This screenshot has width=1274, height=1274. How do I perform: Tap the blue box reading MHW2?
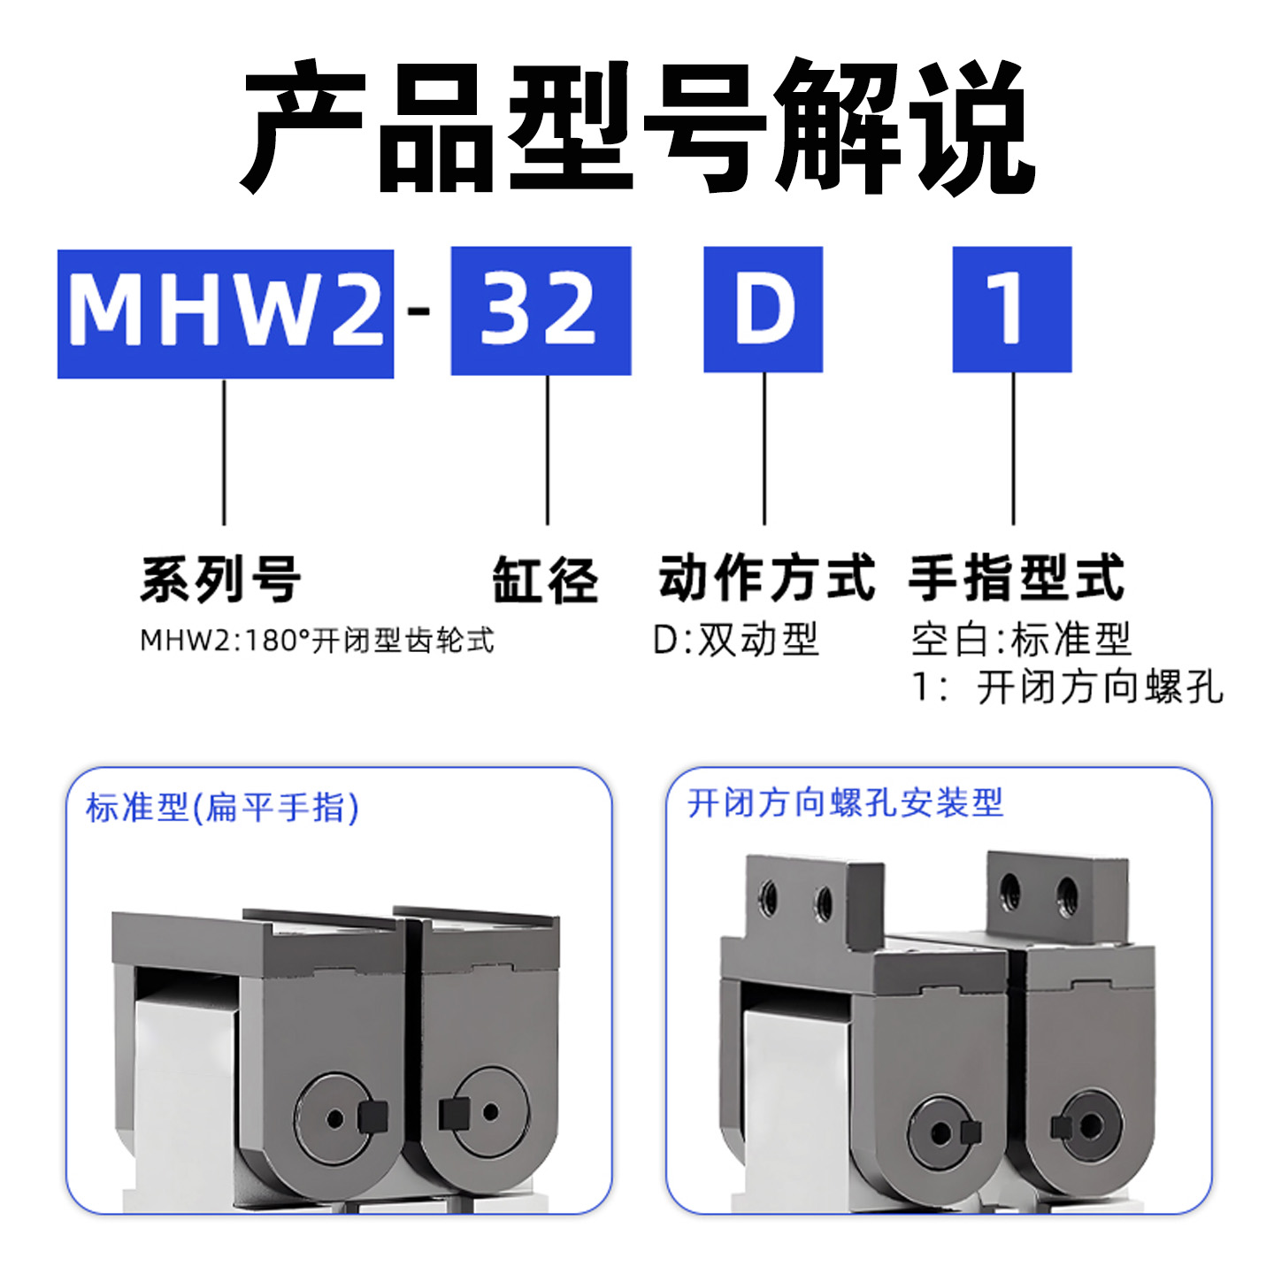click(x=226, y=313)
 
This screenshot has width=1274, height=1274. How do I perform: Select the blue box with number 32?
click(x=541, y=311)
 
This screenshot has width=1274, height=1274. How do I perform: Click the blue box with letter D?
click(x=763, y=310)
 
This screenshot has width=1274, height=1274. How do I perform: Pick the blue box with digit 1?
click(x=1011, y=310)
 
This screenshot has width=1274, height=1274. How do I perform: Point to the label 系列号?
click(x=221, y=580)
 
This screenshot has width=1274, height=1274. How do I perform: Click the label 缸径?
click(x=545, y=580)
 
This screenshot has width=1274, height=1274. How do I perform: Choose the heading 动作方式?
click(x=766, y=579)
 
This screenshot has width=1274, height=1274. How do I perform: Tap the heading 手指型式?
click(x=1016, y=579)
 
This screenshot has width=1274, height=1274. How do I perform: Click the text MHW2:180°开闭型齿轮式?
click(x=317, y=640)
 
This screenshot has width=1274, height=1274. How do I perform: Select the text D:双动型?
click(x=735, y=639)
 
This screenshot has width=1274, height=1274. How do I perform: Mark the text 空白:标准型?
click(x=1021, y=639)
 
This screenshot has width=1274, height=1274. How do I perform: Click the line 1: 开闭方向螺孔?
click(x=1067, y=687)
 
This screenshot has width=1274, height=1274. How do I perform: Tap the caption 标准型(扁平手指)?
click(x=222, y=808)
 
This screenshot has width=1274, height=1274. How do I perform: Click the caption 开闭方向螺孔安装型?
click(x=845, y=803)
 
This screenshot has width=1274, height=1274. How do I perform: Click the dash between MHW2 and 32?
click(x=421, y=311)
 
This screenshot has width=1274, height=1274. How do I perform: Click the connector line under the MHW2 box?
click(x=224, y=452)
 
